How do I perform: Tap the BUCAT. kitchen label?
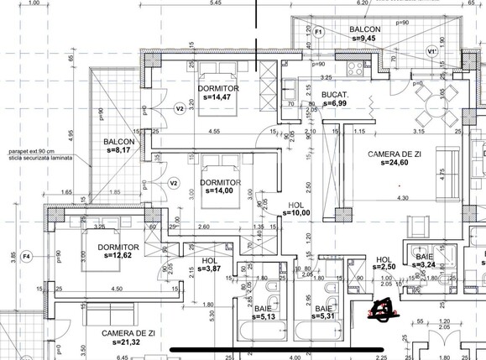click(333, 93)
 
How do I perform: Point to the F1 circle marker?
click(319, 33)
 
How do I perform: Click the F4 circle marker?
click(26, 255)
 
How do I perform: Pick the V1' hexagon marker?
click(432, 52)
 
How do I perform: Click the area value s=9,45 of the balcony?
click(365, 39)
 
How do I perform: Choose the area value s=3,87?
click(210, 269)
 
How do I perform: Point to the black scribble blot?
click(384, 310)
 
